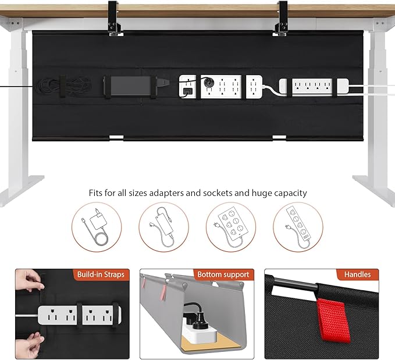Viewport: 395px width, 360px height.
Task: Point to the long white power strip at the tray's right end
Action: click(314, 86)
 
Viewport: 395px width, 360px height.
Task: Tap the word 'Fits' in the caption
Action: click(97, 193)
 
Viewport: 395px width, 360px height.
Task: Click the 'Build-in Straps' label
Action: click(100, 274)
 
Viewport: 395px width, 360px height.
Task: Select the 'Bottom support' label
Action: click(223, 274)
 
